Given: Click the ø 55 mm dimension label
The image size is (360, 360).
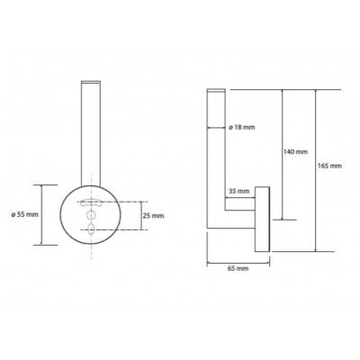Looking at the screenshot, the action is click(x=24, y=215).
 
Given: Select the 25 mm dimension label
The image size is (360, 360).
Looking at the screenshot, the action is click(x=153, y=216).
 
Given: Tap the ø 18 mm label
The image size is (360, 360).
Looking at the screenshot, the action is click(x=242, y=128).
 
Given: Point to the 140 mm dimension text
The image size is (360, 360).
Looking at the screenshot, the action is click(x=295, y=152).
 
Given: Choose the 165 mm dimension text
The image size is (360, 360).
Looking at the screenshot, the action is click(x=329, y=166).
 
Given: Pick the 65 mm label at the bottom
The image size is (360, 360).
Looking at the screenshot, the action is click(x=238, y=268).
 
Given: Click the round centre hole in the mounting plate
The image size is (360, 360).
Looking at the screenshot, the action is click(x=91, y=215).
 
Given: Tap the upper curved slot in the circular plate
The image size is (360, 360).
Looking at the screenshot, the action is click(x=91, y=202).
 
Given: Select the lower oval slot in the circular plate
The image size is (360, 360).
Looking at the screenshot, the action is click(x=91, y=229).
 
